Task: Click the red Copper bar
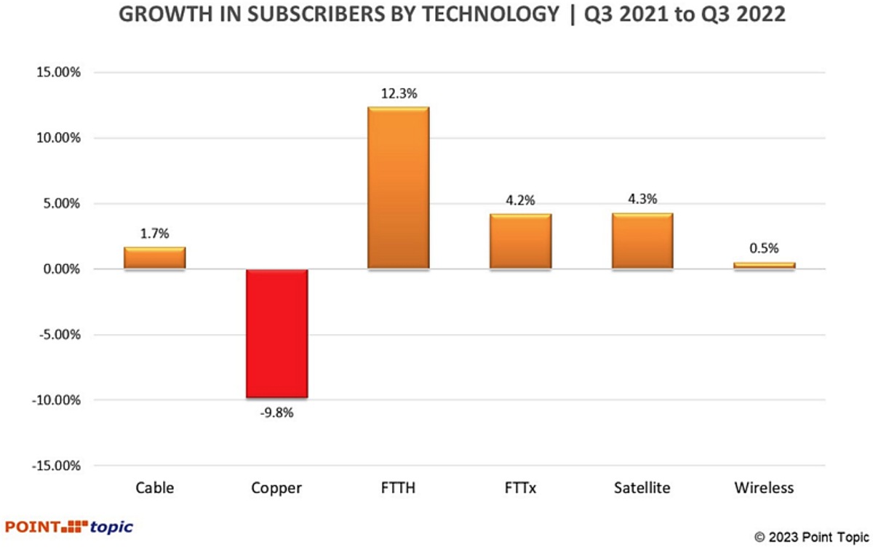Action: click(x=276, y=333)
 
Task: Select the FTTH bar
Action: click(x=398, y=188)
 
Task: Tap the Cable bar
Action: click(x=154, y=258)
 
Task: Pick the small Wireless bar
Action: click(x=764, y=266)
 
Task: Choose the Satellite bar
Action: click(x=642, y=241)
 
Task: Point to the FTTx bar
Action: click(x=520, y=242)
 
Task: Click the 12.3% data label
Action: click(x=398, y=94)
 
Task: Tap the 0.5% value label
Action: click(x=765, y=248)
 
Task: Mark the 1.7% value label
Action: click(x=154, y=233)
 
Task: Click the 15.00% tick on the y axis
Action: click(x=56, y=73)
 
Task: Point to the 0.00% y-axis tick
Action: click(x=58, y=269)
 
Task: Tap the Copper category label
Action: click(x=276, y=488)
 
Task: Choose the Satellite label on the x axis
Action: click(x=642, y=488)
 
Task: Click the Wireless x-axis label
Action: click(x=764, y=488)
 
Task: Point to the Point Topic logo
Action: click(x=69, y=526)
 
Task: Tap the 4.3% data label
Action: click(x=643, y=199)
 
